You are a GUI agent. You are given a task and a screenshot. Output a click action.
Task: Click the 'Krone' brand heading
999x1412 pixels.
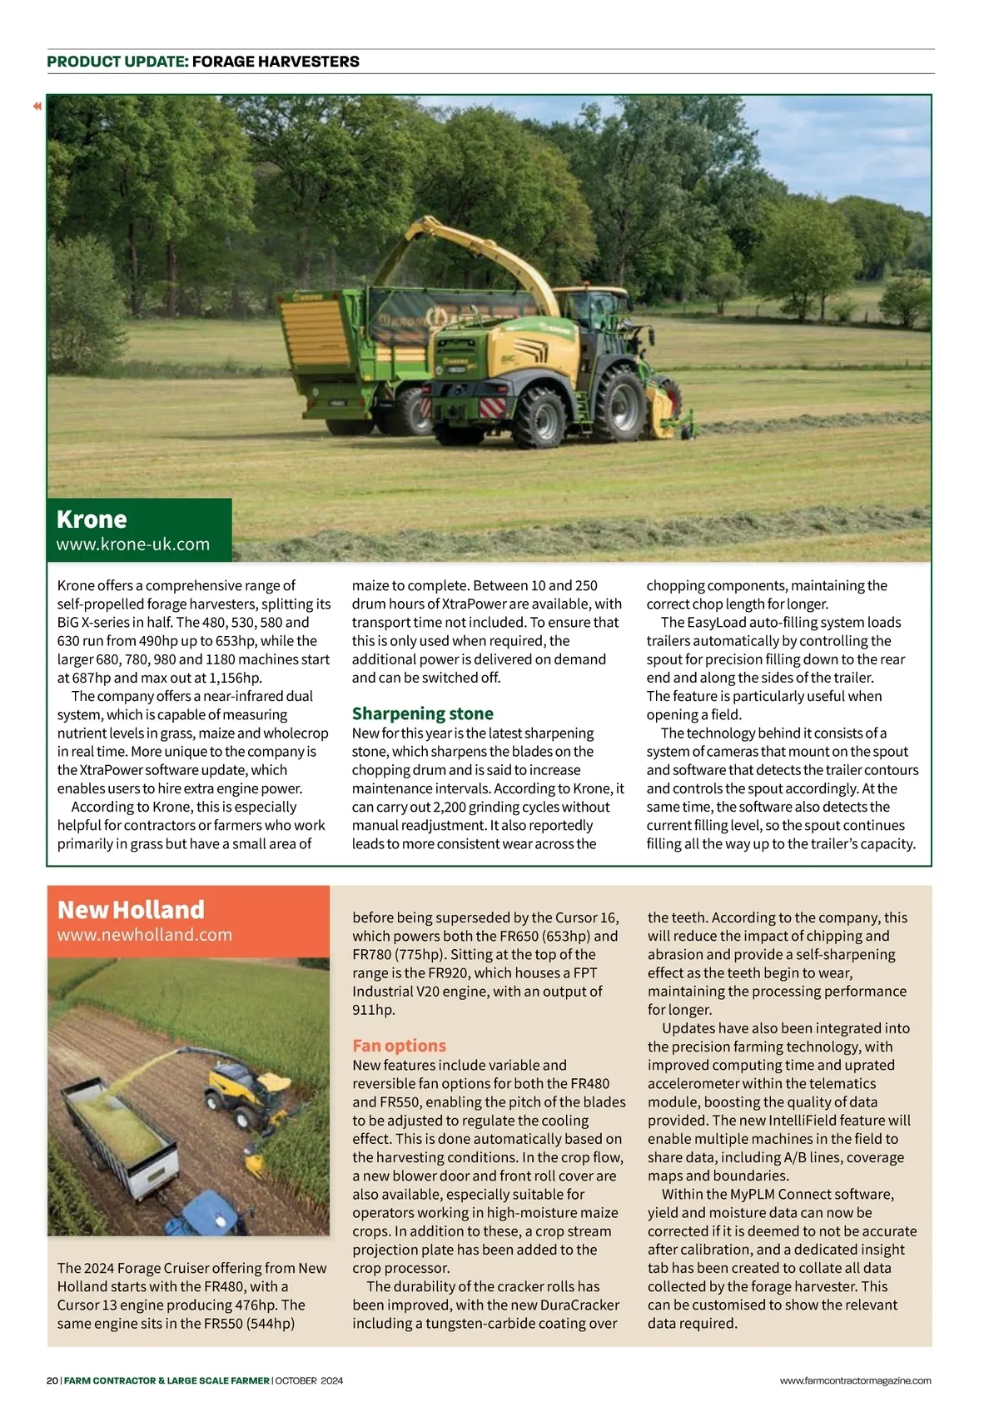pos(92,520)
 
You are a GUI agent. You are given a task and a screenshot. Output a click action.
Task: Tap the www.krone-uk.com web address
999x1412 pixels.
pos(133,544)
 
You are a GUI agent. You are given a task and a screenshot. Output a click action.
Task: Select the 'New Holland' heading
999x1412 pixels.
pos(131,909)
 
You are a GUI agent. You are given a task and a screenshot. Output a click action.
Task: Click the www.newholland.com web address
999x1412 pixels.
pos(144,935)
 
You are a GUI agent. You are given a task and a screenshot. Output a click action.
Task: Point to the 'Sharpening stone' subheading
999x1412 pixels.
pos(422,713)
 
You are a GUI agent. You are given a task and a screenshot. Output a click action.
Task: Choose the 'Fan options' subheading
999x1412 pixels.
pos(399,1046)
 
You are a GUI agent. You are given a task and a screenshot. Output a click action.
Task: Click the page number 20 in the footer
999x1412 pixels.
pos(52,1380)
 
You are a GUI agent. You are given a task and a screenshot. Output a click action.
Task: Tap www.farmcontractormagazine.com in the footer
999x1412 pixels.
pos(855,1380)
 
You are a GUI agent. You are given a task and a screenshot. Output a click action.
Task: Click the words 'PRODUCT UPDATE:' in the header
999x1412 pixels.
pos(117,62)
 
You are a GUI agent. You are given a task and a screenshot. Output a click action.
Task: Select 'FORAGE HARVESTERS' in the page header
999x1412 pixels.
pos(276,62)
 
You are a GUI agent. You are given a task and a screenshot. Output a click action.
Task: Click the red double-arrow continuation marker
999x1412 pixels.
pos(37,106)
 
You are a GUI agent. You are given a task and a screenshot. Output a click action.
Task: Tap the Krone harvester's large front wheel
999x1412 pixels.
pos(619,405)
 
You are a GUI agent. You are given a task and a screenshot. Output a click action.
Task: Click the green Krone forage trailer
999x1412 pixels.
pos(350,350)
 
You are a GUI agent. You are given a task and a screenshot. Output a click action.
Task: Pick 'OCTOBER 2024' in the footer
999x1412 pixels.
pos(309,1380)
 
